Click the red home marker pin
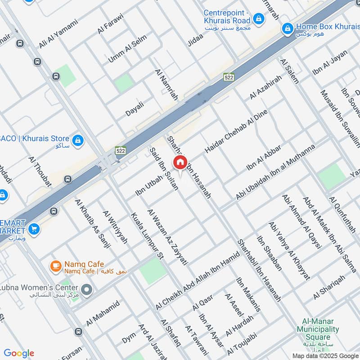tap(180, 162)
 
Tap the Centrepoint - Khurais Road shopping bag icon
tap(258, 18)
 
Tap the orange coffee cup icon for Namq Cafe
tap(55, 267)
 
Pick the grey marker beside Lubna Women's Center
tap(87, 290)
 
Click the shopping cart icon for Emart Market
tap(34, 229)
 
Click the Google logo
tap(18, 353)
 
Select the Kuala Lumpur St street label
tap(146, 236)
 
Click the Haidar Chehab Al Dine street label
tap(236, 130)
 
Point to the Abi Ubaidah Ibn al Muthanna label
tap(275, 172)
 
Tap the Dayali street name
tap(135, 109)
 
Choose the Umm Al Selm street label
tap(121, 52)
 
